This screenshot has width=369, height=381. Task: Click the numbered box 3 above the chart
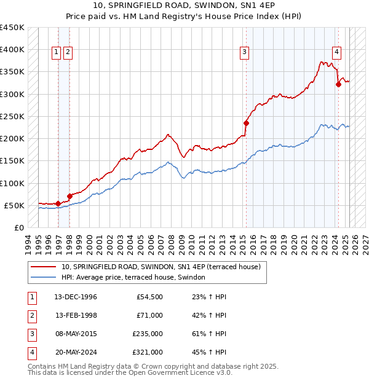(x=245, y=53)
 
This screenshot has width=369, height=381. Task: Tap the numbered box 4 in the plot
(x=337, y=53)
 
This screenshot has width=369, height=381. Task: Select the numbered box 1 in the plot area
(x=56, y=53)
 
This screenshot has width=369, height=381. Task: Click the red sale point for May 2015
(x=246, y=123)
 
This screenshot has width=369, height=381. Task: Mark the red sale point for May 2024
(x=338, y=85)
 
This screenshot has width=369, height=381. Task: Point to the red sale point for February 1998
(x=69, y=196)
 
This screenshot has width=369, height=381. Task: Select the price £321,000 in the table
(x=148, y=352)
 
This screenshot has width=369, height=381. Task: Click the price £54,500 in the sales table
(x=149, y=297)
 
